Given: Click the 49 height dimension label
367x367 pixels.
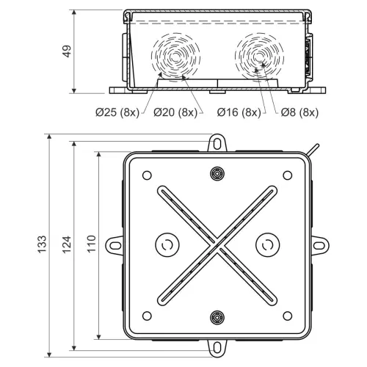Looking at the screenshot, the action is (x=67, y=51).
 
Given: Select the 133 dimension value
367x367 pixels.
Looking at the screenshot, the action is (x=42, y=244).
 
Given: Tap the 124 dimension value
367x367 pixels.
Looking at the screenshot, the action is (x=67, y=244).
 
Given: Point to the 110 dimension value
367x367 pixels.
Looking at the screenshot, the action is (x=91, y=244).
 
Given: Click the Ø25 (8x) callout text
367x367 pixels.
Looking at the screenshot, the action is (x=117, y=112).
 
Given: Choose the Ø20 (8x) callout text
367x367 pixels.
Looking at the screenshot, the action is (x=175, y=112).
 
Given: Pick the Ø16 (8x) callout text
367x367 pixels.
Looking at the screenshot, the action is (x=239, y=112).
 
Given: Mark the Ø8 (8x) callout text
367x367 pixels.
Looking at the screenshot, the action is (x=299, y=112).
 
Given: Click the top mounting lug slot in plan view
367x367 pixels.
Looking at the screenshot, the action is (x=217, y=144).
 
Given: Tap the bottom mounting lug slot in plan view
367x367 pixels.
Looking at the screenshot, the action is (x=217, y=348).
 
